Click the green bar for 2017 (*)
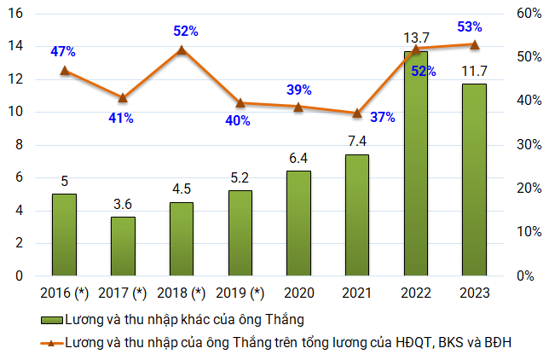pos(123,247)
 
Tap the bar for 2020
pos(298,224)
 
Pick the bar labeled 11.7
pos(474,180)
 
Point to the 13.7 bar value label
pos(415,38)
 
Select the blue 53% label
pos(469,26)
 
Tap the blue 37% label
pos(383,118)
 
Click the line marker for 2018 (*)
pos(182,49)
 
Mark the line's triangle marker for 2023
pos(474,44)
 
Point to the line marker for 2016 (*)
pos(65,70)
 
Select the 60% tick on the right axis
pos(523,14)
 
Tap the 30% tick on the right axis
pos(523,145)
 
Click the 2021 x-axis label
pos(357,293)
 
